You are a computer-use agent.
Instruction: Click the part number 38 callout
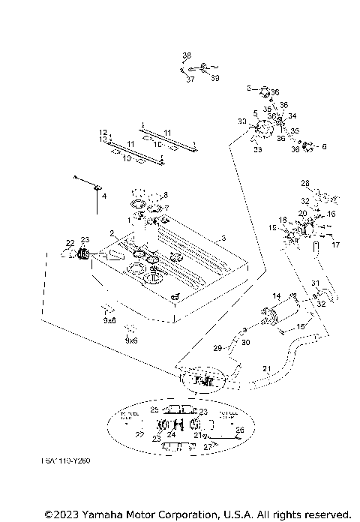pos(187,55)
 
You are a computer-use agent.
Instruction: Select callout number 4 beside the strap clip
pos(104,196)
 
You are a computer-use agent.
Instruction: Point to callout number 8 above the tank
pos(166,195)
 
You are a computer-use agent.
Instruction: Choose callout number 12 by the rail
pos(103,132)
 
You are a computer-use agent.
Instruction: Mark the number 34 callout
pos(292,116)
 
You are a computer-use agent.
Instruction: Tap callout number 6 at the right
pos(324,147)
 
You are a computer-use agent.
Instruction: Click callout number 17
pos(336,244)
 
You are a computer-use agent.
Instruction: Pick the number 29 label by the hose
pos(217,349)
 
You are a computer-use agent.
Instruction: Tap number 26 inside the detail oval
pos(240,430)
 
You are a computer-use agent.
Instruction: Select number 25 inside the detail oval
pos(154,410)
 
